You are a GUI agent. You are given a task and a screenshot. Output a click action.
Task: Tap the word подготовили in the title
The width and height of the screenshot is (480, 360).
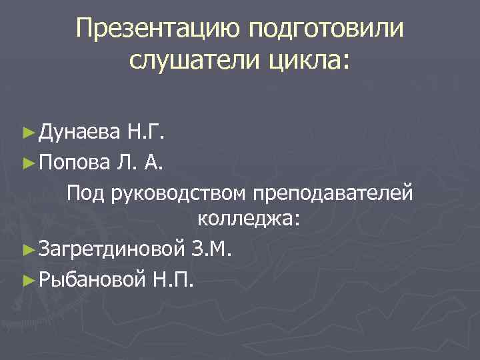(327, 29)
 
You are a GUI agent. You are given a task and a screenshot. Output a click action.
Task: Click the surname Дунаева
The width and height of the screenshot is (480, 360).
(79, 133)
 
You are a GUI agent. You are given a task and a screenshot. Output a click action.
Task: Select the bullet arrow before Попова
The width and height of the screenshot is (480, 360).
(28, 161)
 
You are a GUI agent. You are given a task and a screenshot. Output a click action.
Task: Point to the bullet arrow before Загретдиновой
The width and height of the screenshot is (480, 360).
(28, 249)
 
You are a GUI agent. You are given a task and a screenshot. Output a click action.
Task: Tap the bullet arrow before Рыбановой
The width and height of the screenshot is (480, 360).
(28, 277)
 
